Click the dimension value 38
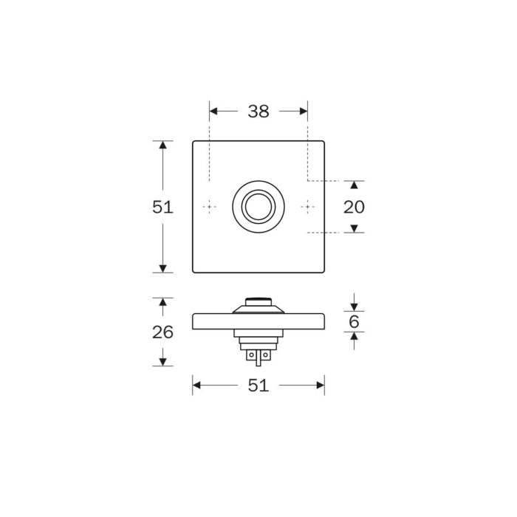258,112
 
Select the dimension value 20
354,207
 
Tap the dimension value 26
162,332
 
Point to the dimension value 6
354,321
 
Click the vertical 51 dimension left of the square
162,207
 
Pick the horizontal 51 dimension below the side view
258,385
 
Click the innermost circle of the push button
258,207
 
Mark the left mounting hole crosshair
209,207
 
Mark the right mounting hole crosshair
308,207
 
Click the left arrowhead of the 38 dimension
213,111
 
